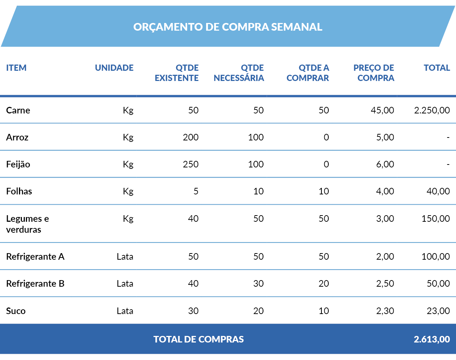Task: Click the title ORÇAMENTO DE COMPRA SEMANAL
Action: click(x=228, y=27)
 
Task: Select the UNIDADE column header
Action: click(x=114, y=68)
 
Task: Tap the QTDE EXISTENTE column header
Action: click(x=177, y=73)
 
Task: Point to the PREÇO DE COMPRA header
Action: click(x=374, y=73)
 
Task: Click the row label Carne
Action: click(x=18, y=111)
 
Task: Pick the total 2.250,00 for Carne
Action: click(x=432, y=111)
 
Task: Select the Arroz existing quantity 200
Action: click(x=190, y=138)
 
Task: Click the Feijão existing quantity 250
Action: click(x=190, y=164)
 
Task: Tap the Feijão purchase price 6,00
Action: click(x=385, y=164)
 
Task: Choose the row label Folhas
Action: click(x=19, y=191)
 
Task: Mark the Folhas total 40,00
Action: click(x=438, y=191)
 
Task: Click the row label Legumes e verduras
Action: click(x=27, y=224)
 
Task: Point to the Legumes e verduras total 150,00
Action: click(x=436, y=219)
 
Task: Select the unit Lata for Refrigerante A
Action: click(x=125, y=257)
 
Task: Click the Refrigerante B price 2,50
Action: click(x=385, y=284)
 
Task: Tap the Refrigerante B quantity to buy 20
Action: click(x=324, y=284)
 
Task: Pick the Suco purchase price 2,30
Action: click(x=385, y=311)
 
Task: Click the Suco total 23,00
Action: click(x=438, y=311)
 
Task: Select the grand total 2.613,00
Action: click(x=432, y=340)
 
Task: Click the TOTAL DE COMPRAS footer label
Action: click(x=198, y=340)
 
